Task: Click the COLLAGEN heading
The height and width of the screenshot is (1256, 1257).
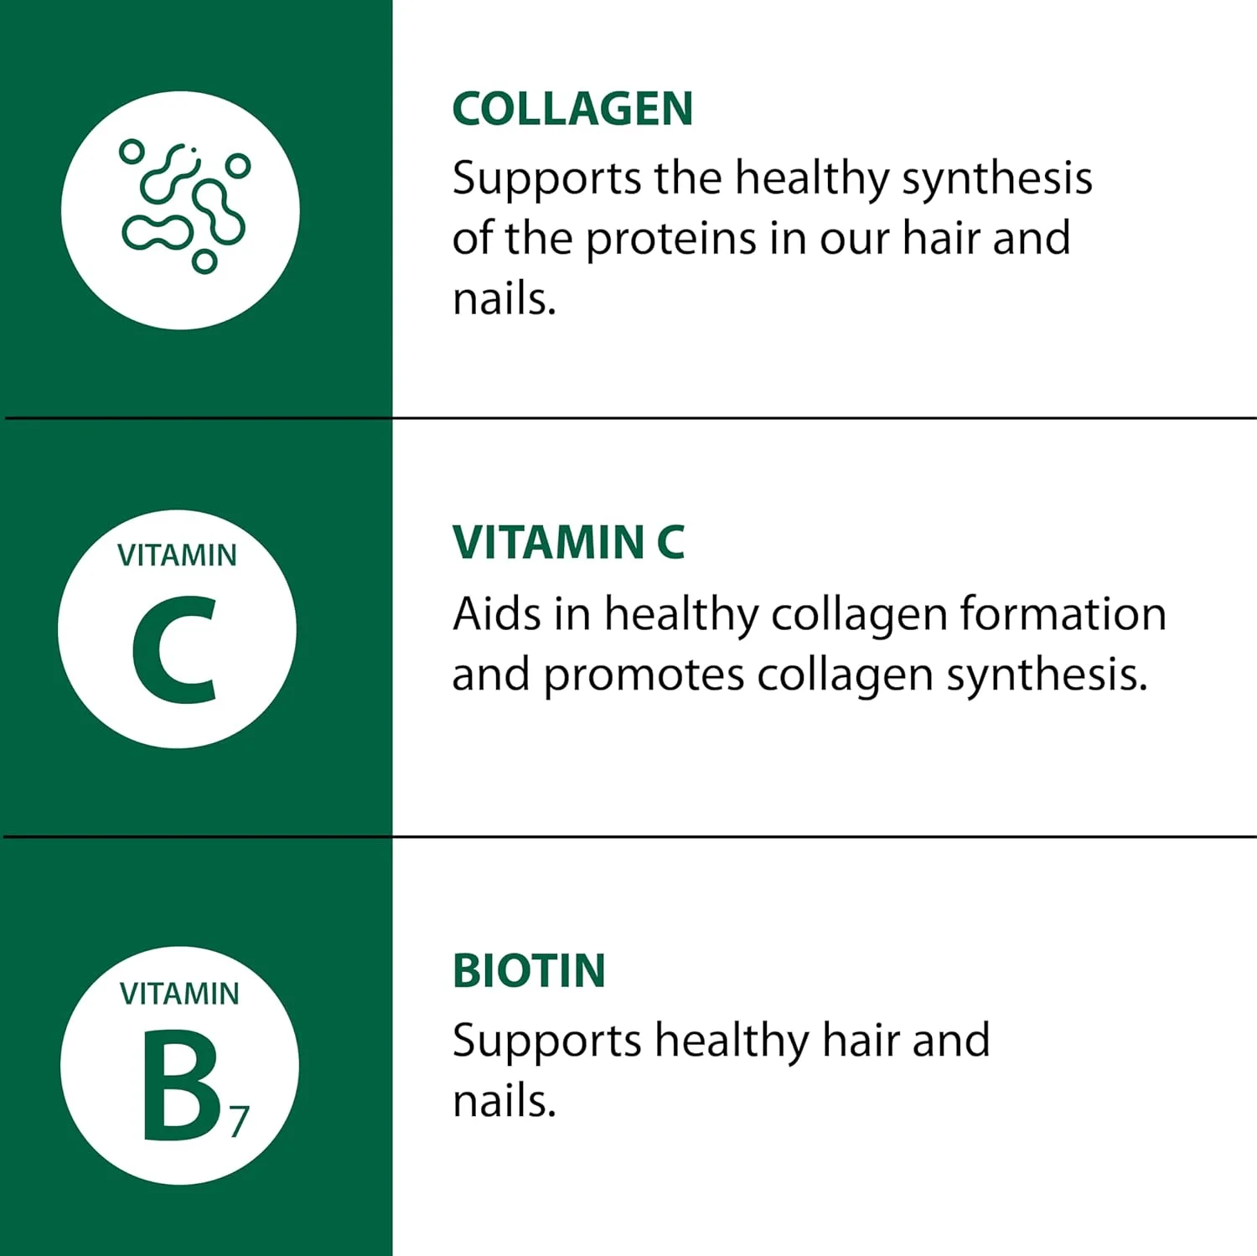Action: [x=572, y=109]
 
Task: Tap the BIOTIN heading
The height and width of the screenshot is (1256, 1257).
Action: [x=529, y=971]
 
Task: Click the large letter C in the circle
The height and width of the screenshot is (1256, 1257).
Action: [x=173, y=649]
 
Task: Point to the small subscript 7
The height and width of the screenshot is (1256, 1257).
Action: [x=240, y=1122]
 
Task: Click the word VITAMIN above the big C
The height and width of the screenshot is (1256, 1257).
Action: [x=177, y=556]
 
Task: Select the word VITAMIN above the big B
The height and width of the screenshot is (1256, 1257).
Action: [x=179, y=994]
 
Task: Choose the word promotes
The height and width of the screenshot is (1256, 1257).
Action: [x=644, y=676]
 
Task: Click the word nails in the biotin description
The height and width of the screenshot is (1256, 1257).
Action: [x=504, y=1101]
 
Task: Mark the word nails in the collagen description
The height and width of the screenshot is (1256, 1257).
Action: [x=504, y=298]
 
